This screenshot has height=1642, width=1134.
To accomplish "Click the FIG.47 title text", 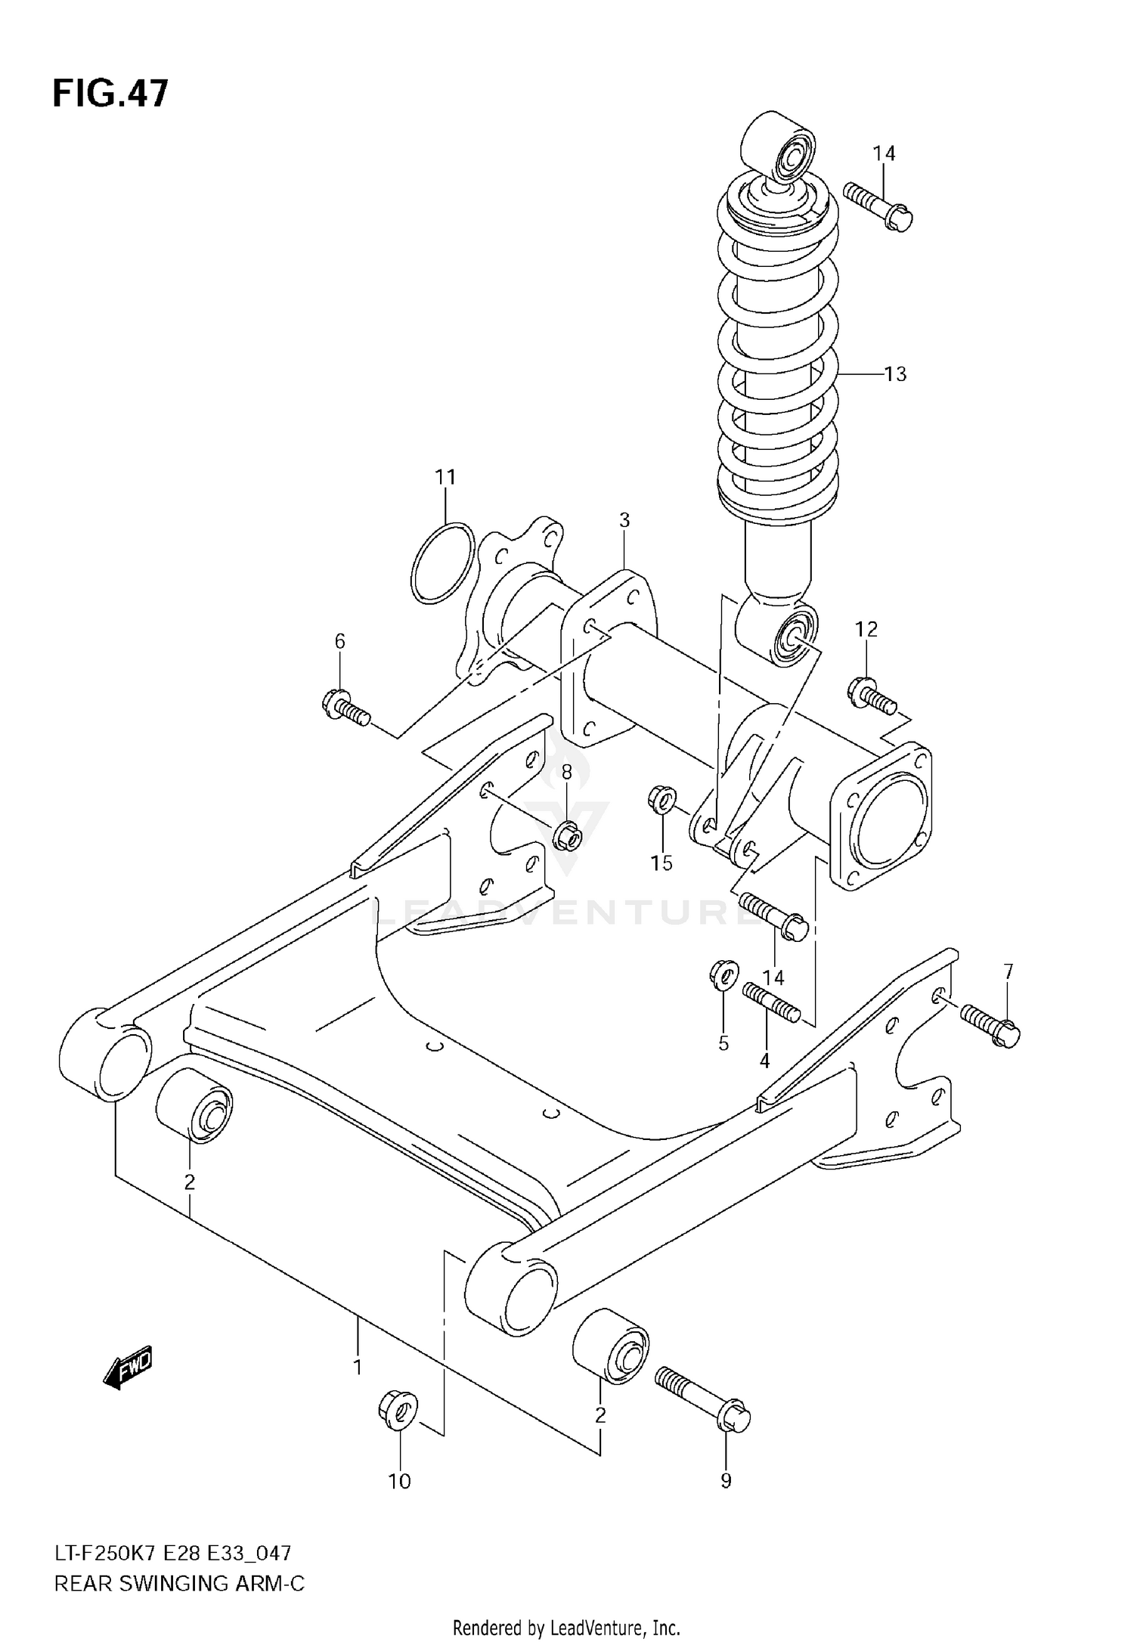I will [110, 94].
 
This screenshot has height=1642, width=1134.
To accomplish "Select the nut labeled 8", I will [567, 836].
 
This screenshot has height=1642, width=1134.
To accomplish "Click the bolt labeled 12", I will [872, 696].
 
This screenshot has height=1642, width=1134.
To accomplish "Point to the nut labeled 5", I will [723, 974].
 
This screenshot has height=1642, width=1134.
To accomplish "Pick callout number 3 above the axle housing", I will [624, 520].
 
